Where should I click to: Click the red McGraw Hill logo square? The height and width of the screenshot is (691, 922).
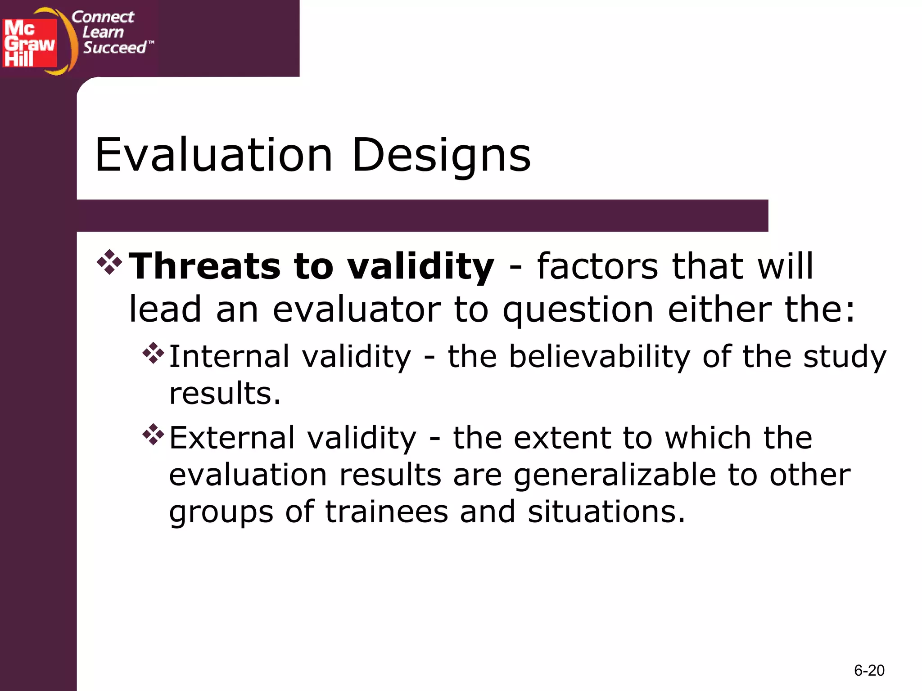(30, 43)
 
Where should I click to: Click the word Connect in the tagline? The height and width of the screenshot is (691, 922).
(103, 17)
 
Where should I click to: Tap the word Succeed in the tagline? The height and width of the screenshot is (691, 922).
(115, 47)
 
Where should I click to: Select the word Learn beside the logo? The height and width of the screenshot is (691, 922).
(103, 32)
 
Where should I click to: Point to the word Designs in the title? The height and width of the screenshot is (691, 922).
(441, 156)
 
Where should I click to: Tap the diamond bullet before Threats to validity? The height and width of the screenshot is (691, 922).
(109, 262)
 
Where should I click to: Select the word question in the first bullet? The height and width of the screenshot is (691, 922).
(578, 310)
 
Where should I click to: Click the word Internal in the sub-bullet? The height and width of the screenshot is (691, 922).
(229, 356)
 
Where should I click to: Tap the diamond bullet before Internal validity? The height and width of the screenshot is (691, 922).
(153, 353)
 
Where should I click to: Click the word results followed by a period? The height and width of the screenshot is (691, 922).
(225, 393)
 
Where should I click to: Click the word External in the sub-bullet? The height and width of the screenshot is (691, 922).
(232, 438)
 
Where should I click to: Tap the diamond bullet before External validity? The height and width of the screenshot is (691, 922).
(153, 435)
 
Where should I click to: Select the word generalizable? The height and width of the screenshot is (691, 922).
(615, 476)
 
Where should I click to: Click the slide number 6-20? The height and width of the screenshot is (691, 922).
(869, 670)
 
